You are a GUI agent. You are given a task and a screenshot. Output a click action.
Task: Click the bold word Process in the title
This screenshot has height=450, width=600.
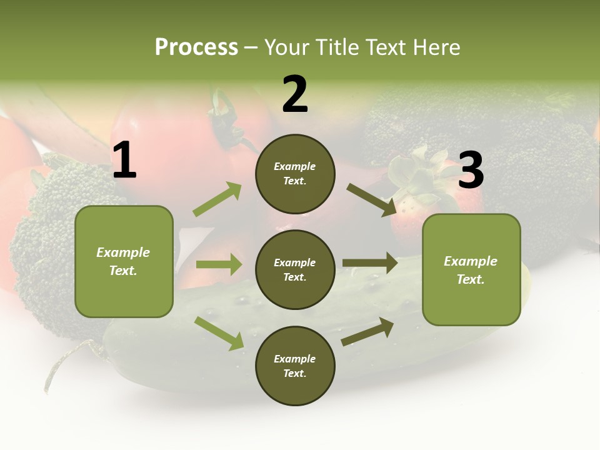click(196, 47)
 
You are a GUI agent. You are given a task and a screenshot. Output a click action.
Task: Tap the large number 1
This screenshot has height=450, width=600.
click(124, 161)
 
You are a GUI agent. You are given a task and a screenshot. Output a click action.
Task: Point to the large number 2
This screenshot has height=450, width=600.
click(295, 94)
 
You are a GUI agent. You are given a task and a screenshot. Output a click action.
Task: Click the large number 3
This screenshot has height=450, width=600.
click(471, 170)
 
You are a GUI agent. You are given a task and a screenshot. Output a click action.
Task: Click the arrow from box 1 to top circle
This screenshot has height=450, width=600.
click(217, 199)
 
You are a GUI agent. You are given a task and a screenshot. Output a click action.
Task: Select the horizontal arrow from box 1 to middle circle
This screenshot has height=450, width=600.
click(219, 264)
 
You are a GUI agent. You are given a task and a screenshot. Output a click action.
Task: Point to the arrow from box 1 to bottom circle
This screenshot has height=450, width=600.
click(219, 333)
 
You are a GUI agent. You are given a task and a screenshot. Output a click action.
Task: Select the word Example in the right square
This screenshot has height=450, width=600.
click(471, 261)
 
